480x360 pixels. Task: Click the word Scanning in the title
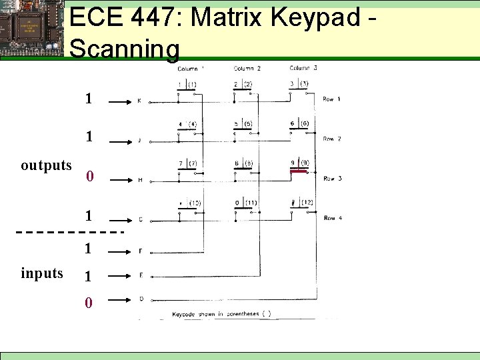[124, 49]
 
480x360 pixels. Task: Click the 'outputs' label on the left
[46, 165]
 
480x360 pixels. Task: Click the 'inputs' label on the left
[42, 273]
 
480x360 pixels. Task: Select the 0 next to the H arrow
[90, 177]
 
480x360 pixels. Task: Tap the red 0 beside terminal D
[89, 303]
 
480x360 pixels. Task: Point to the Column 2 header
[247, 69]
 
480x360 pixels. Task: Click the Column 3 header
[303, 68]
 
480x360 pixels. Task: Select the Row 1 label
[331, 99]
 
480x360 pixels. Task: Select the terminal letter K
[139, 101]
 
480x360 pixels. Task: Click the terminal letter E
[140, 275]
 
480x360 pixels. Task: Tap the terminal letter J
[139, 141]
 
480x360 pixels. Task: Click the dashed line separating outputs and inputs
[70, 232]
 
